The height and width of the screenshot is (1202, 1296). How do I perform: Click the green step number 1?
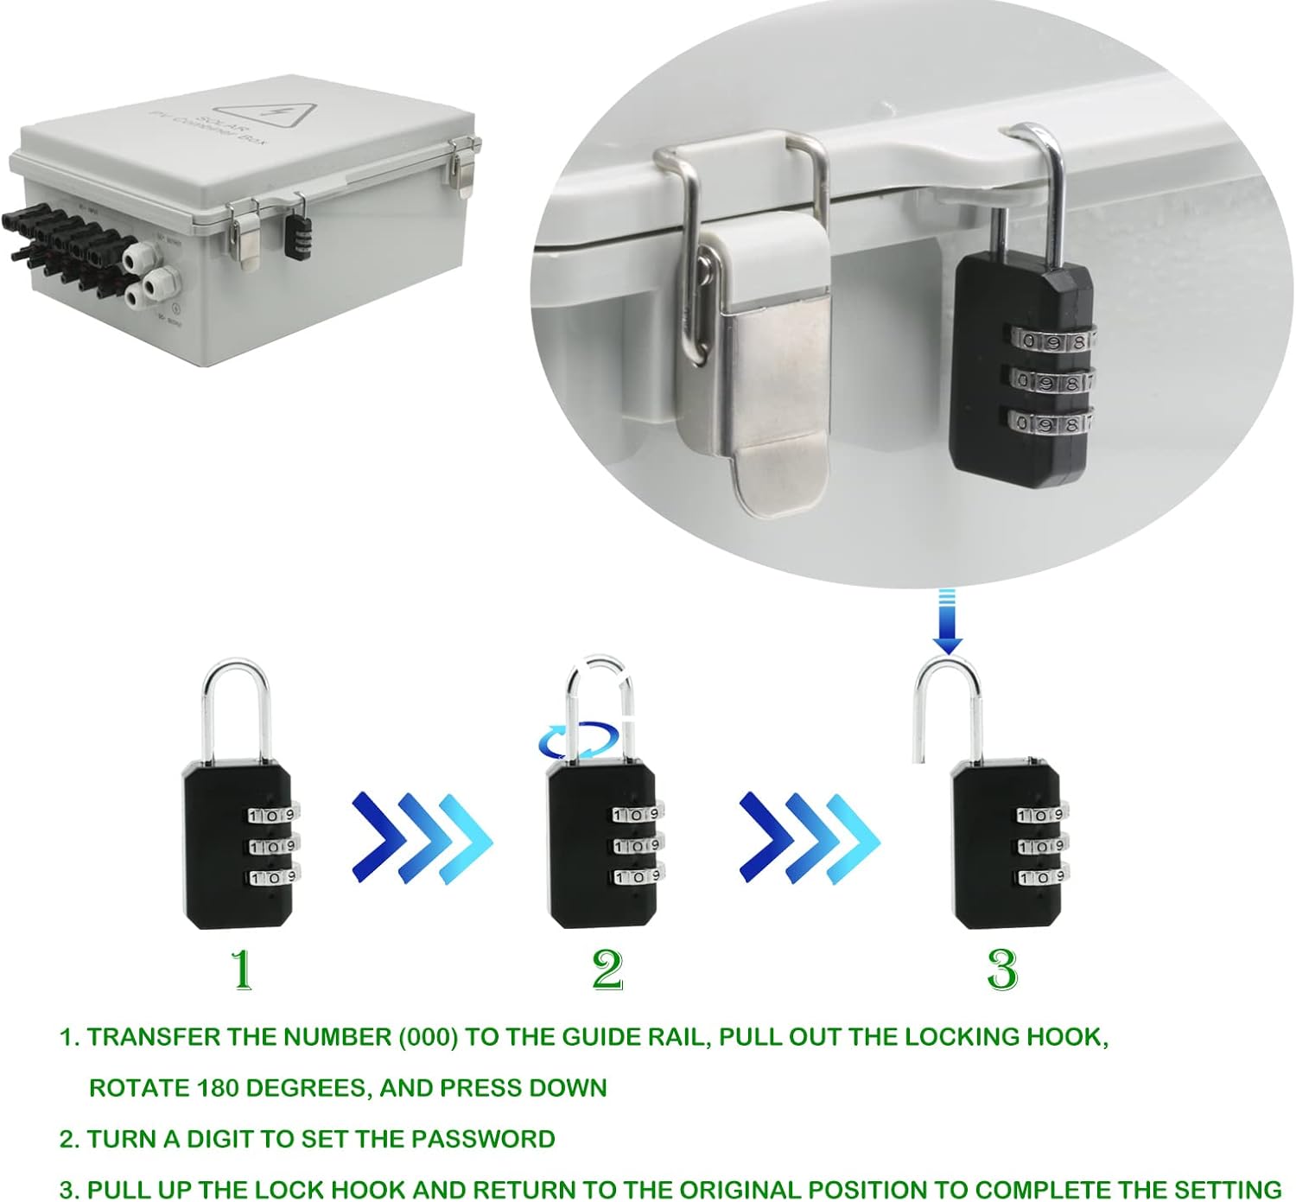[x=242, y=969]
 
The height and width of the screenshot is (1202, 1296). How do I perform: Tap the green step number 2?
[x=607, y=969]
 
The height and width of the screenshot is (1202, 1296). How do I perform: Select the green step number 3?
[x=1002, y=969]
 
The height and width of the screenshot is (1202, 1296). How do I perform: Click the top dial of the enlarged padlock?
[x=1051, y=340]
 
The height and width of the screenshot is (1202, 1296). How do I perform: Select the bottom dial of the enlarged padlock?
[x=1049, y=423]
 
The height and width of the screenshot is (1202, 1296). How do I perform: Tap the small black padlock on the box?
[x=298, y=236]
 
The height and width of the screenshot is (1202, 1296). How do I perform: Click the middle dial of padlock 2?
[x=637, y=845]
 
